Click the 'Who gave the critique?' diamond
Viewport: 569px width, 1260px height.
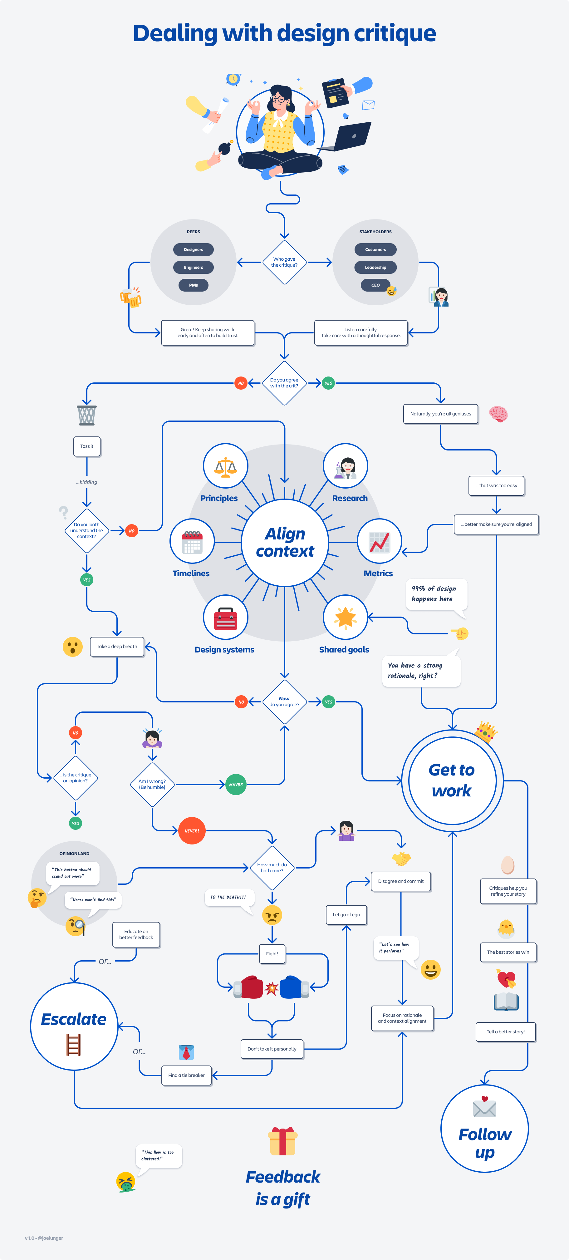point(284,262)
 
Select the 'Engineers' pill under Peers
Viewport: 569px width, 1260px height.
point(193,267)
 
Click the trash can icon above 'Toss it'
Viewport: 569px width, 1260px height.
point(86,415)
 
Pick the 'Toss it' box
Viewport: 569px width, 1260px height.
point(86,446)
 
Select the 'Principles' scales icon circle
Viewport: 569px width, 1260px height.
point(225,466)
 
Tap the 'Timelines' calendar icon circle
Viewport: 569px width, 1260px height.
point(192,541)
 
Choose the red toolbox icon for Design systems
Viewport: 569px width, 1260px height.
point(225,617)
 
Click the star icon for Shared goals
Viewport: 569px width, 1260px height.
point(345,617)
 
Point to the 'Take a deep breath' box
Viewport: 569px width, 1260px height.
point(117,646)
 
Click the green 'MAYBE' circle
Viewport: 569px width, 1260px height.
point(236,785)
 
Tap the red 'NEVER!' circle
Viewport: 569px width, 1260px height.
point(192,830)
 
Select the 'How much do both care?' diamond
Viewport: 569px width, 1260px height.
point(272,868)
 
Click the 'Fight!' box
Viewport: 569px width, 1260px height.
point(272,953)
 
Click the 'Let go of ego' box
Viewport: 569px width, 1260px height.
point(346,914)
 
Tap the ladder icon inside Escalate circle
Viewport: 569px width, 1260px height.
point(73,1045)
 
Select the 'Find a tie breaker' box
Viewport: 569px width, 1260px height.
point(186,1075)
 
